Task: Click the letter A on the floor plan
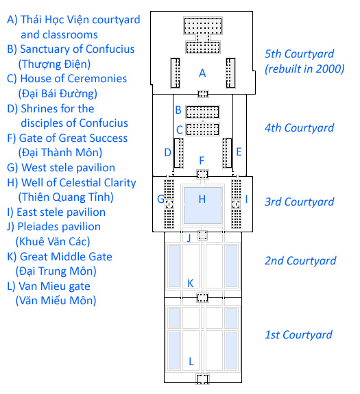pos(202,73)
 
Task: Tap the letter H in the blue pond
pos(202,199)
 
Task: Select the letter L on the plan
pos(191,362)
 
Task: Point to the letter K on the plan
pos(191,283)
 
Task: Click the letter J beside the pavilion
pos(189,238)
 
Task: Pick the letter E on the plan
pos(239,151)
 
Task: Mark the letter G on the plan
pos(160,199)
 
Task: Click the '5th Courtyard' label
pos(300,53)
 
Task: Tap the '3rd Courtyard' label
pos(300,201)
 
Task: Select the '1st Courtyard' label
pos(299,334)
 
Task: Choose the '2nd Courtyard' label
pos(300,260)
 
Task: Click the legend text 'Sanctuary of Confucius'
pos(77,49)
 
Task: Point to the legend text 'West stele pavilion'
pos(68,168)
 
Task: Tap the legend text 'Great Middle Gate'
pos(66,256)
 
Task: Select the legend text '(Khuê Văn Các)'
pos(53,241)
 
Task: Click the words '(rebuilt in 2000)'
pos(304,69)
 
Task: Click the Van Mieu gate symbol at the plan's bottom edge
pos(202,379)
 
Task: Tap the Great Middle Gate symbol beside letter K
pos(202,298)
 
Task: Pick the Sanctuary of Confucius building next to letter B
pos(202,112)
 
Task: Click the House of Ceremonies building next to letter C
pos(202,130)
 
